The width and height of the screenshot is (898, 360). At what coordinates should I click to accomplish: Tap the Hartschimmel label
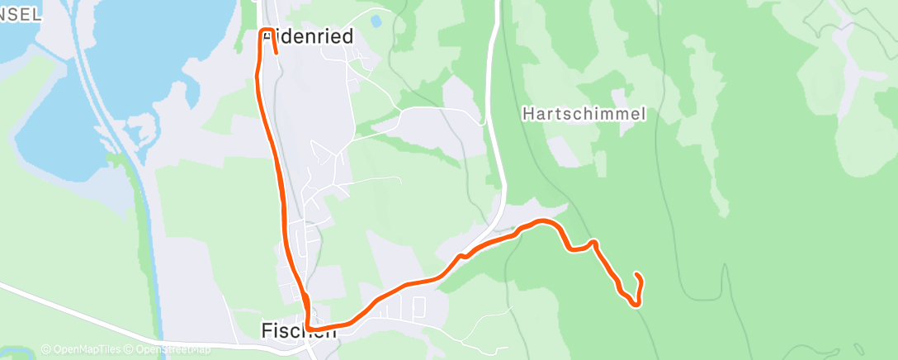584,115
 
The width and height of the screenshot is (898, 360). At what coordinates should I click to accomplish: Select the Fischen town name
299,330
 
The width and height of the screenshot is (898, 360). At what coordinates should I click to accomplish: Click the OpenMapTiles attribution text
85,350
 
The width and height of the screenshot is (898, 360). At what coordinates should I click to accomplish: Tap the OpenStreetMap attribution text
172,350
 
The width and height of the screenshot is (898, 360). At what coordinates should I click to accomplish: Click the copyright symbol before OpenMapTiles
45,350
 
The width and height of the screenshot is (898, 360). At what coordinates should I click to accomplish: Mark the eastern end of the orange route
636,274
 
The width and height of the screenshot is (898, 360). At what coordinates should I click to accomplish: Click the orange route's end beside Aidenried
275,53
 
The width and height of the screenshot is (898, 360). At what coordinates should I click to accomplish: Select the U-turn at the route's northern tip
267,31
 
